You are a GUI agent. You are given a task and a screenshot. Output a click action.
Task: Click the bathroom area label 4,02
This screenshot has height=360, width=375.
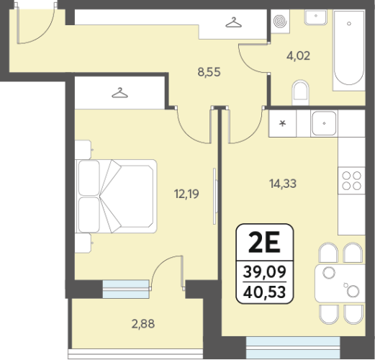[298, 56]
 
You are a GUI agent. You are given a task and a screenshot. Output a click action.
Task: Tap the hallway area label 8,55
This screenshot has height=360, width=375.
[209, 72]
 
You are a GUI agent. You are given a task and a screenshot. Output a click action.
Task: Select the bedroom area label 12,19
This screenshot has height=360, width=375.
[186, 194]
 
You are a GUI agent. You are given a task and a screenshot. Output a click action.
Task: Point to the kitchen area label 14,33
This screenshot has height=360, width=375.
[283, 184]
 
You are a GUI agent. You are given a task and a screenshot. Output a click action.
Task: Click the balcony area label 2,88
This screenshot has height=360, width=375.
[143, 324]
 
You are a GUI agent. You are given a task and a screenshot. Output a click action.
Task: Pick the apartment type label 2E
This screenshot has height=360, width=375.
[264, 243]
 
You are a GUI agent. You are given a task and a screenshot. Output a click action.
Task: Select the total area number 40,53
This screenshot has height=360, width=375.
[264, 292]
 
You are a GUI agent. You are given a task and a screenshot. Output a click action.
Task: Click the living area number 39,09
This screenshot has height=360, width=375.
[264, 271]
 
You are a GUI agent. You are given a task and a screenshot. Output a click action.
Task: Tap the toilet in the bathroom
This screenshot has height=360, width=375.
[300, 93]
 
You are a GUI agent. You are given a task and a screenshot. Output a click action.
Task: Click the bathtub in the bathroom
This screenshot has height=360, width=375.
[349, 50]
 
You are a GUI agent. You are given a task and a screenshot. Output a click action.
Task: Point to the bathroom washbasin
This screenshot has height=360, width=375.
[316, 17]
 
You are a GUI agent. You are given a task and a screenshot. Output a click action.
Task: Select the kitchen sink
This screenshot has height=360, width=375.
[324, 123]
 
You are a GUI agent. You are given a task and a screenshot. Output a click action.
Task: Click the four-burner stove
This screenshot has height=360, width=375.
[351, 181]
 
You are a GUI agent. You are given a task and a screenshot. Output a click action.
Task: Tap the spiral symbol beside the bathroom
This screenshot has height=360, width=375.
[280, 21]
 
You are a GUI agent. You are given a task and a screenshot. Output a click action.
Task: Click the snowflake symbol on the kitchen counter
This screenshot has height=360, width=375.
[283, 124]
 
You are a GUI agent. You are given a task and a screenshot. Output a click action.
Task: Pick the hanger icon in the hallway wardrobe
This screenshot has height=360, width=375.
[233, 22]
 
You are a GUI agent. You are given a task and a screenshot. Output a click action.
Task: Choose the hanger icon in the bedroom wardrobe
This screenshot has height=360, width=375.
[119, 93]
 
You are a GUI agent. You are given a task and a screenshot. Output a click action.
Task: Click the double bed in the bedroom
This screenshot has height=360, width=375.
[116, 196]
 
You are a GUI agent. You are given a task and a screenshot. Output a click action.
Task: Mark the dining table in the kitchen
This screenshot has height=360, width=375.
[340, 284]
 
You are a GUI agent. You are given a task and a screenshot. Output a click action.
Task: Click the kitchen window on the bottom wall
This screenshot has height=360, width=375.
[293, 348]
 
